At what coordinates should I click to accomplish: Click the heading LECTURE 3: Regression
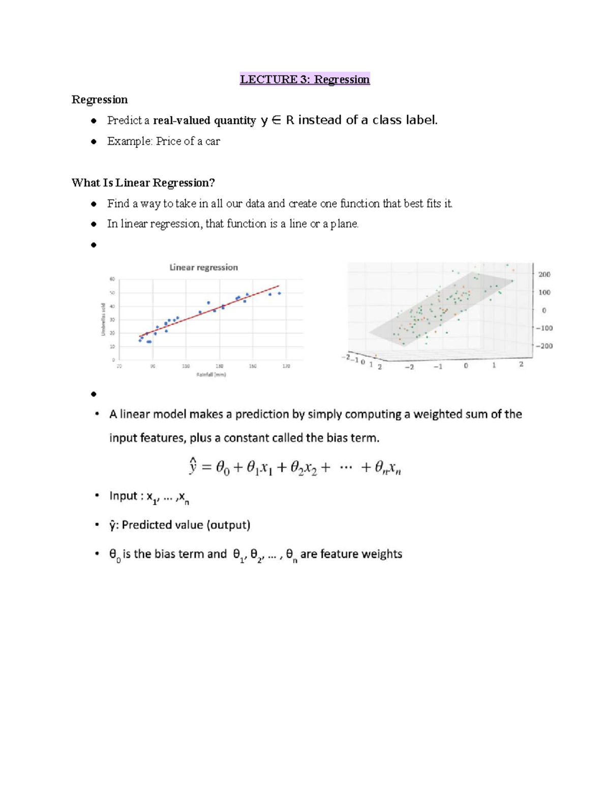(304, 79)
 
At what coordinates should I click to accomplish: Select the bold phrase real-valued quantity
(204, 120)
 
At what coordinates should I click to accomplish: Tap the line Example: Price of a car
(163, 141)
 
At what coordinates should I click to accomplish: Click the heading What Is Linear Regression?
(143, 183)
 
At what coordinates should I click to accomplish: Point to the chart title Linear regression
(203, 267)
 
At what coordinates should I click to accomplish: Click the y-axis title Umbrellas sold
(103, 319)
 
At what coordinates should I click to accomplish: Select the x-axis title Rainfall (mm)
(211, 375)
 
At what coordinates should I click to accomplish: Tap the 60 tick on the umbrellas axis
(112, 279)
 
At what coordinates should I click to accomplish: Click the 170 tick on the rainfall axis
(286, 366)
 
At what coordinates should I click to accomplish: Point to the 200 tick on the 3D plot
(544, 274)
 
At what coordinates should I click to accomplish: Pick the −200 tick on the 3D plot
(543, 346)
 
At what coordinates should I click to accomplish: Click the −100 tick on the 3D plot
(543, 328)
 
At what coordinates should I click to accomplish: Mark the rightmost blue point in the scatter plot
(279, 293)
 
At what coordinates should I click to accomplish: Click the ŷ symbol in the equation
(193, 466)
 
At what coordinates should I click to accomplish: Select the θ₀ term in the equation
(223, 467)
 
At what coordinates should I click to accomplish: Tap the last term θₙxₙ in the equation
(387, 467)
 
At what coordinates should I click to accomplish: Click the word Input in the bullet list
(123, 496)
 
